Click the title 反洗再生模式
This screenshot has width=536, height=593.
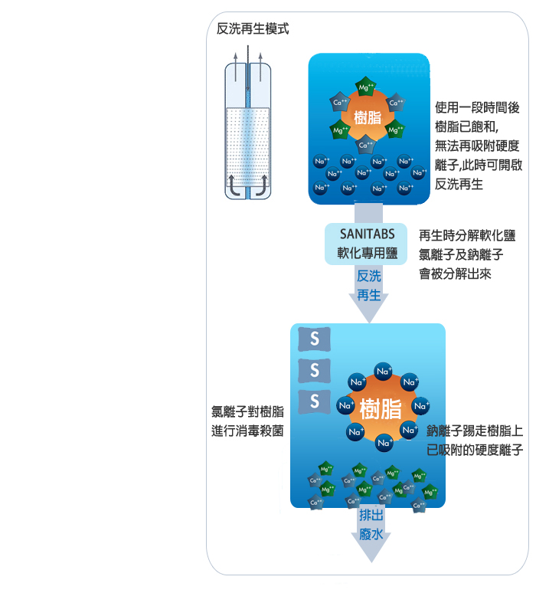pos(253,30)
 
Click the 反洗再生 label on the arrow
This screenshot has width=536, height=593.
pos(369,285)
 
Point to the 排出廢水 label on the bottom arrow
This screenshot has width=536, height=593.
pos(371,525)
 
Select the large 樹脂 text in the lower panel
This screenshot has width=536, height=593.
pos(381,408)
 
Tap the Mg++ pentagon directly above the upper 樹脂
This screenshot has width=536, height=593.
pos(366,88)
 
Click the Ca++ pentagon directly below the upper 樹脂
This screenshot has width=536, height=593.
pos(366,144)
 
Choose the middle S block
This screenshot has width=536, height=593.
pos(314,370)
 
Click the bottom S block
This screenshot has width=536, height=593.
pos(314,401)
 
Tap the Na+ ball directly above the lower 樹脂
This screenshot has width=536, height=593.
pos(384,372)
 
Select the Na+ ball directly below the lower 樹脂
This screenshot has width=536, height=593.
pos(384,442)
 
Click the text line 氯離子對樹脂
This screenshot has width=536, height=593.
pos(247,411)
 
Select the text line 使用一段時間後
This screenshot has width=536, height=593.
pos(476,109)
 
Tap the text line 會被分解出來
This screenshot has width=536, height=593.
pos(455,274)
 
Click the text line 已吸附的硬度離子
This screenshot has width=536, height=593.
pos(475,450)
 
